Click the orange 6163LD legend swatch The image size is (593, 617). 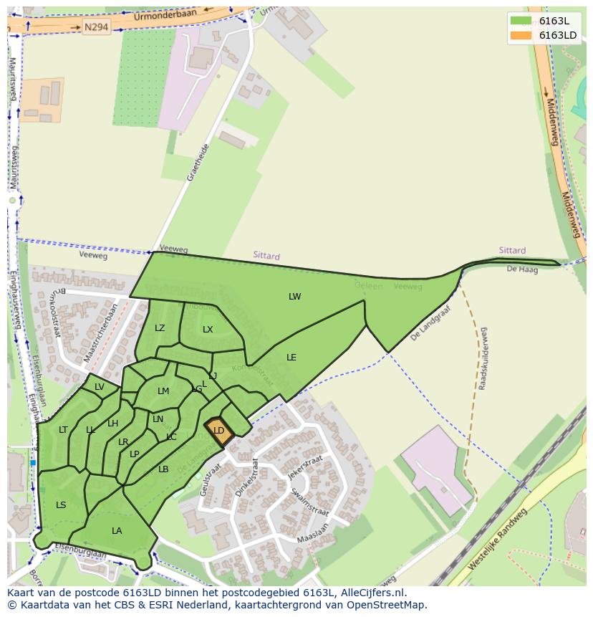click(521, 35)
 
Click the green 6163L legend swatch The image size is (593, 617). click(521, 21)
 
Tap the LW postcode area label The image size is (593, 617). click(295, 297)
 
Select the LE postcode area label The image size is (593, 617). click(291, 357)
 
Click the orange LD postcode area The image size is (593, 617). click(219, 431)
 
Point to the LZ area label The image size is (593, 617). click(160, 328)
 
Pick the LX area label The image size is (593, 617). click(208, 330)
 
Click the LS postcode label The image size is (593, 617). click(61, 505)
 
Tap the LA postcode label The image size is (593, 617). click(117, 531)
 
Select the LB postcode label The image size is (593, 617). click(163, 469)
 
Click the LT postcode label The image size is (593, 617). click(63, 430)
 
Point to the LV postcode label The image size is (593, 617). click(100, 387)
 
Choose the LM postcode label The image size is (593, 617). click(163, 391)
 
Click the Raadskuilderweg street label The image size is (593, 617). click(483, 358)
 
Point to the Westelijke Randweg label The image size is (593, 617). click(497, 539)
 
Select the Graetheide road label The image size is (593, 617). click(198, 163)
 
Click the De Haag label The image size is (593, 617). click(521, 269)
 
